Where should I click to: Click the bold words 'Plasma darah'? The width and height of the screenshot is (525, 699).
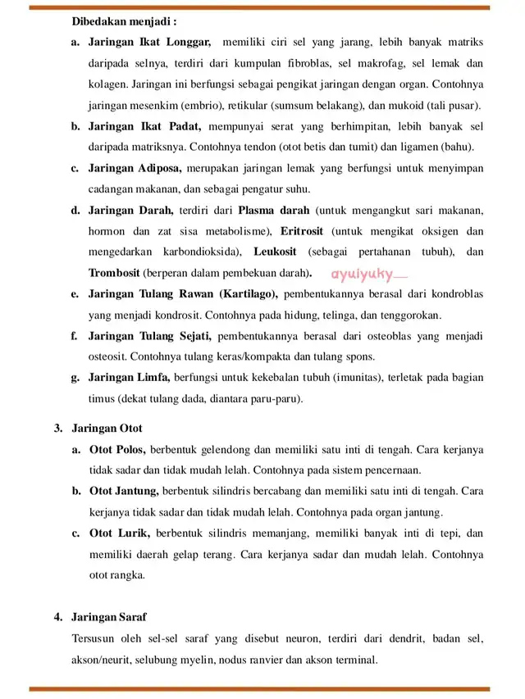point(274,211)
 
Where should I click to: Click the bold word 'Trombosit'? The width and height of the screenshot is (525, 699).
point(115,273)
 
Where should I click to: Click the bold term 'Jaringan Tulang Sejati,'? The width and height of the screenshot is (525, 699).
point(150,336)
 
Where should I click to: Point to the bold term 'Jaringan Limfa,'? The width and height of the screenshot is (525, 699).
point(129,379)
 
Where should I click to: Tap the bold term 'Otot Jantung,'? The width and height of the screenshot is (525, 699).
point(124,492)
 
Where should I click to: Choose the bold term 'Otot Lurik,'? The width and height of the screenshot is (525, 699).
point(120,533)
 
